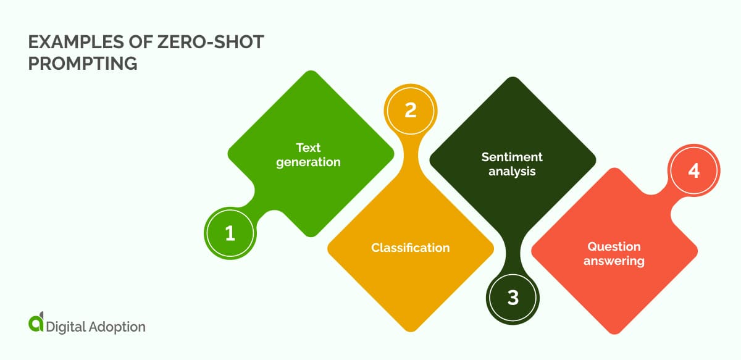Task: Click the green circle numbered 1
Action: (x=230, y=233)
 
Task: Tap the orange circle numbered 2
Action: (x=410, y=110)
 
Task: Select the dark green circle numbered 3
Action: (x=513, y=298)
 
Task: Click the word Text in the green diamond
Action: (x=308, y=148)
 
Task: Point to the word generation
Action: (x=308, y=162)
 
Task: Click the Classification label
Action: (x=410, y=248)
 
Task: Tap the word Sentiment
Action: (x=512, y=157)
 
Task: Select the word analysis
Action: (x=512, y=172)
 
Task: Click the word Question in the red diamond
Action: (x=614, y=246)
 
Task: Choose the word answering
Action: (x=614, y=261)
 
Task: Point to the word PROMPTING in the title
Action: (x=83, y=63)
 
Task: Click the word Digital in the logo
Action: (x=65, y=327)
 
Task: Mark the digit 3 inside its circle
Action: (x=513, y=298)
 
